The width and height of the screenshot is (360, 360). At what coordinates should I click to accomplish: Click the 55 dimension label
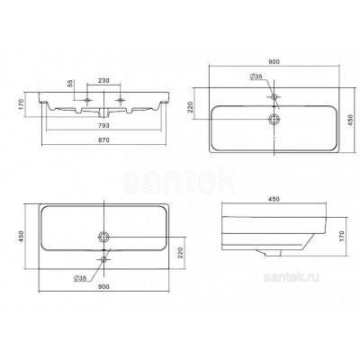[70, 84]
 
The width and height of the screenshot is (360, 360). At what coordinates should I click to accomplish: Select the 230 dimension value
[103, 80]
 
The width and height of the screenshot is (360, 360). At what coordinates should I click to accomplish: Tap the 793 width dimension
[103, 125]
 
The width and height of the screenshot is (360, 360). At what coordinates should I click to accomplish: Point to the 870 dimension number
[103, 139]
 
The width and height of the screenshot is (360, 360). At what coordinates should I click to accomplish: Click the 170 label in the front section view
[21, 104]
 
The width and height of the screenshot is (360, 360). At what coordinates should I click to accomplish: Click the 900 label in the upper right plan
[274, 62]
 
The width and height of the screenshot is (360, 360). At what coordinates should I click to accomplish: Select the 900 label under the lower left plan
[103, 286]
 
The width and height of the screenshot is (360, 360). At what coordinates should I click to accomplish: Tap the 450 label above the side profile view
[274, 199]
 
